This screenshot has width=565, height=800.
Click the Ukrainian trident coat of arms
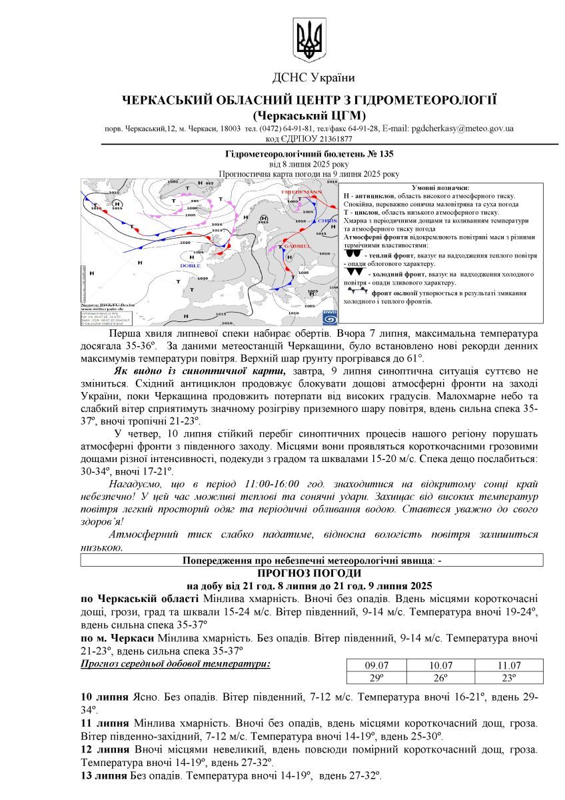(x=308, y=41)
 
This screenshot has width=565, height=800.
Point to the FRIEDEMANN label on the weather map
(x=301, y=192)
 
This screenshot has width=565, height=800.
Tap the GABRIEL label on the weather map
(x=297, y=247)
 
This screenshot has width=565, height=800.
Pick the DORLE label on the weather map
(x=190, y=265)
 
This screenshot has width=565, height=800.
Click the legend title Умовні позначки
(x=440, y=188)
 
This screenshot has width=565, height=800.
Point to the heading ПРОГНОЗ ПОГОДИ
(x=309, y=573)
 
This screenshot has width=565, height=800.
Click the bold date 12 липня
(x=105, y=750)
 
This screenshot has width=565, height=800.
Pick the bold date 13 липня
(x=105, y=776)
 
